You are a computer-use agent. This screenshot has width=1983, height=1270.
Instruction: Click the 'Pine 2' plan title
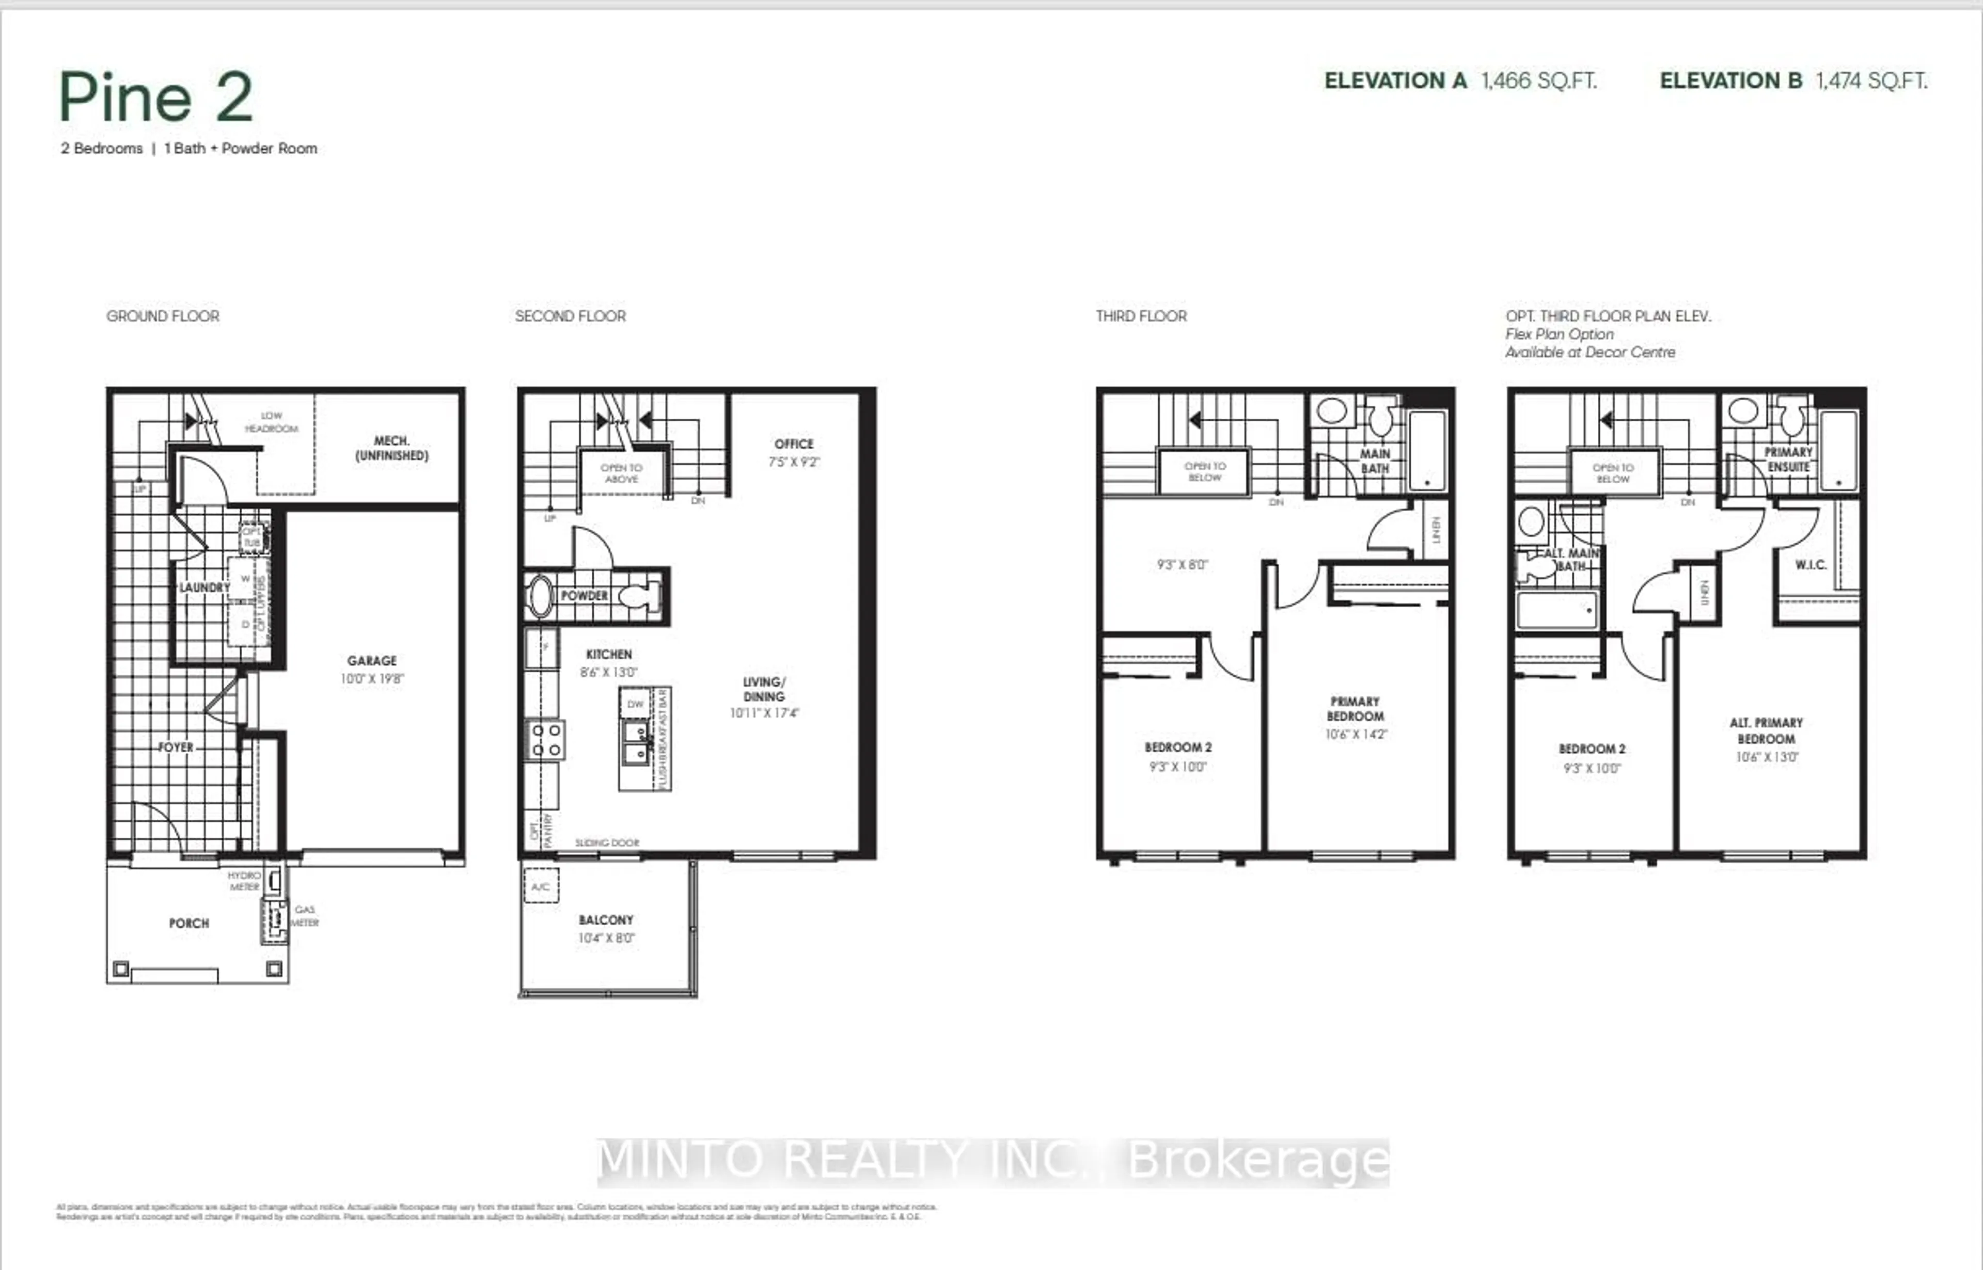[155, 97]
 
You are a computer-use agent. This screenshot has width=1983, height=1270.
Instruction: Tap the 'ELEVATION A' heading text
[1395, 81]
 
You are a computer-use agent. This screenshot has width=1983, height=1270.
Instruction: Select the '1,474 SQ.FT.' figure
[1871, 81]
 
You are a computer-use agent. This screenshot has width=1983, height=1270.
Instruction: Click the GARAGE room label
[371, 661]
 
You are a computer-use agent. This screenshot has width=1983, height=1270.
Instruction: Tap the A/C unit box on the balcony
[541, 886]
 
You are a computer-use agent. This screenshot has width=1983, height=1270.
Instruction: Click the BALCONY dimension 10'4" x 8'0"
[606, 938]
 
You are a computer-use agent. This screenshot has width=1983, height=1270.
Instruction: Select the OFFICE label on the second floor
[794, 443]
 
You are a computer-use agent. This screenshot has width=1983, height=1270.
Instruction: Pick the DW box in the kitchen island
[635, 704]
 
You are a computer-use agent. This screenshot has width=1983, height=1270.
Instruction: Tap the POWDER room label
[584, 595]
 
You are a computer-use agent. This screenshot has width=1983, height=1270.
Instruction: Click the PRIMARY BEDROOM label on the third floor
[1355, 708]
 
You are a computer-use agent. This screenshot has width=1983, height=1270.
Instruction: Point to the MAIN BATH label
[1374, 461]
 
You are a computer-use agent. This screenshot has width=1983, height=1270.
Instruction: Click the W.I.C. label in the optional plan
[1811, 565]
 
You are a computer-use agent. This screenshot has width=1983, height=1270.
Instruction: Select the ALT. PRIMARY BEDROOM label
[1766, 730]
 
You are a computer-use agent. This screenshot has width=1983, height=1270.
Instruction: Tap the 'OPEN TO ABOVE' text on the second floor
[621, 472]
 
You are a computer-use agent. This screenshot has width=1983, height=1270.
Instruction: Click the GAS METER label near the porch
[304, 915]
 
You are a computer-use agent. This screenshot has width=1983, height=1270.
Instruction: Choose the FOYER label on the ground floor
[176, 747]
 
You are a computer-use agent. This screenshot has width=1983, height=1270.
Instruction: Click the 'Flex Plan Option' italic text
[1559, 334]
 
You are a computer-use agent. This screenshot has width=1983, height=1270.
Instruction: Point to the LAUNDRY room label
[204, 587]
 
